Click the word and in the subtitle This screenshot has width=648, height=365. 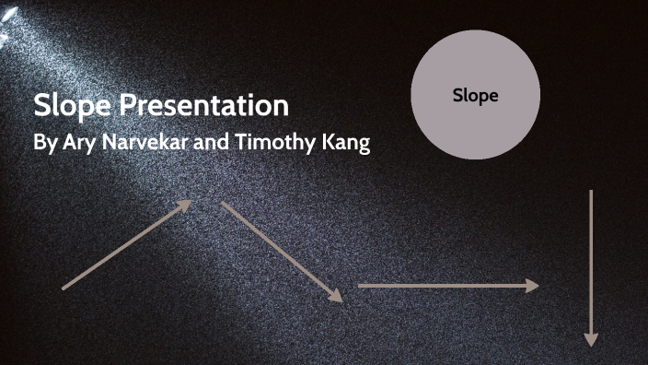pyautogui.click(x=213, y=145)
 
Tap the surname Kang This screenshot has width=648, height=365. pyautogui.click(x=344, y=145)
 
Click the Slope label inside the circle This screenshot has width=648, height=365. pyautogui.click(x=475, y=95)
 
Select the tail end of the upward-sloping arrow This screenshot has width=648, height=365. pyautogui.click(x=63, y=288)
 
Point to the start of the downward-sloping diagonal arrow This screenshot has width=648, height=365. pyautogui.click(x=222, y=204)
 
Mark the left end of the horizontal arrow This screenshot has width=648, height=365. pyautogui.click(x=359, y=286)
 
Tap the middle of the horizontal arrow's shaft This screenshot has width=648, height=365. pyautogui.click(x=445, y=286)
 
